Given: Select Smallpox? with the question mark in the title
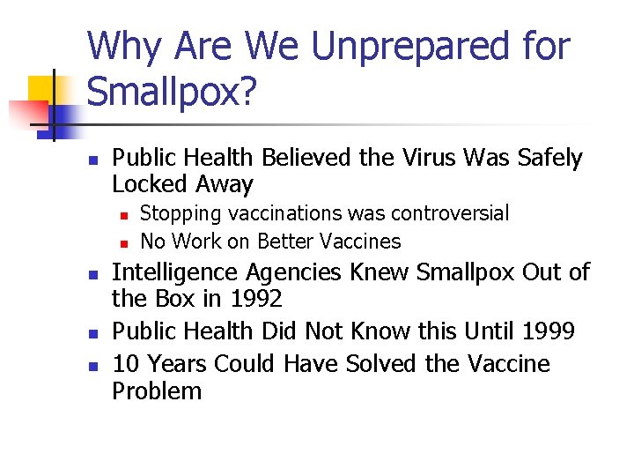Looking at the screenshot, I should [173, 93].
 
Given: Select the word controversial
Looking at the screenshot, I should [450, 213].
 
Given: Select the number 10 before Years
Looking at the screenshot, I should [126, 363].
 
